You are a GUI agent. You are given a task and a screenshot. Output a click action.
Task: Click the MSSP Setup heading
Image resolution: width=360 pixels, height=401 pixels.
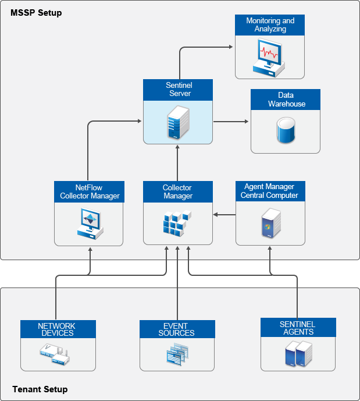[36, 13]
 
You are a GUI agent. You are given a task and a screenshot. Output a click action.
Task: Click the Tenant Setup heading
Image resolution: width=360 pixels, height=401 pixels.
[40, 389]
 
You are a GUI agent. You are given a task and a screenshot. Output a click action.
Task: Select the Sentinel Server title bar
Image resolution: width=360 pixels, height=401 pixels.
[178, 90]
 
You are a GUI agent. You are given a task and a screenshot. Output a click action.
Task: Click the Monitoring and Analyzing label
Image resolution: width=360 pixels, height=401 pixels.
[270, 24]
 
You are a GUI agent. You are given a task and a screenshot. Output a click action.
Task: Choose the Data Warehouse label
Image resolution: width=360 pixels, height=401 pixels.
[286, 100]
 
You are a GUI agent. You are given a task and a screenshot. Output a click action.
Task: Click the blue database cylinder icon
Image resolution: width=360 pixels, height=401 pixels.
[285, 131]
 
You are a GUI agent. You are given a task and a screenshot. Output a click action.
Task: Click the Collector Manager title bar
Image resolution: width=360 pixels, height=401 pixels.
[177, 192]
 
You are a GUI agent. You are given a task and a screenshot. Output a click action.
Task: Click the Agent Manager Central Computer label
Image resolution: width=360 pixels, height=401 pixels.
[270, 191]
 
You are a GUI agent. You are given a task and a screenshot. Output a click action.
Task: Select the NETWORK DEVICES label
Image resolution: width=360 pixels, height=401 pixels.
[58, 329]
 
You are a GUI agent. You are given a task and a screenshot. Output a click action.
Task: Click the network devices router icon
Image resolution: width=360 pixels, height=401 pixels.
[56, 354]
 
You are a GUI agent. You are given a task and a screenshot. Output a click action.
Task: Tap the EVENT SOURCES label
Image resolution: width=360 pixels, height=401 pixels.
[177, 329]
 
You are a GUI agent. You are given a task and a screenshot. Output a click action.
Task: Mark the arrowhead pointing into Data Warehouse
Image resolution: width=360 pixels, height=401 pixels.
[246, 122]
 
